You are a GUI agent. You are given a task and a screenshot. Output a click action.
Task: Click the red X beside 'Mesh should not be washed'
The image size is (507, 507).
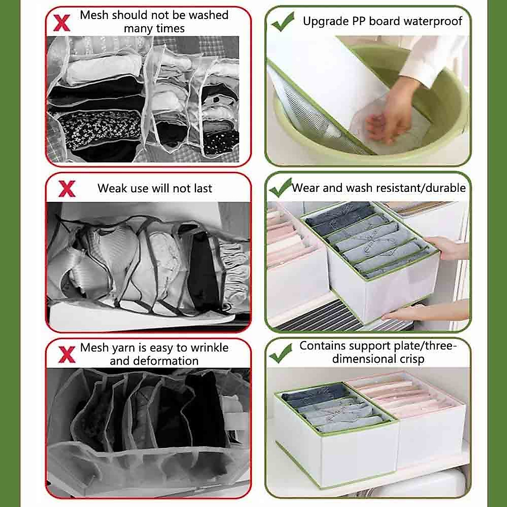click(x=62, y=23)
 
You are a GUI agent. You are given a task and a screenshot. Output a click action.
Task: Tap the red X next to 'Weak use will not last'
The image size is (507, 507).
click(x=67, y=189)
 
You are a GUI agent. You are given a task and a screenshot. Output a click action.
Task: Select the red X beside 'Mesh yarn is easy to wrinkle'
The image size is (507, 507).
click(x=67, y=354)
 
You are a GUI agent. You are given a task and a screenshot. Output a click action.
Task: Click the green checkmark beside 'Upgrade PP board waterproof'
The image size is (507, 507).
click(x=283, y=22)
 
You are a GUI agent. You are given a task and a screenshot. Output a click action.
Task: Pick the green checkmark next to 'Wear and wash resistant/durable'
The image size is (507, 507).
click(x=280, y=188)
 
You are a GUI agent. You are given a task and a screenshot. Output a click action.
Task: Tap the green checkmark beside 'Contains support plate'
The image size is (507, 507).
click(x=281, y=353)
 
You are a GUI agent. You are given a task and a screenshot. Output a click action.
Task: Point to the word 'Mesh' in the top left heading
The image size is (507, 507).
click(x=94, y=15)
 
